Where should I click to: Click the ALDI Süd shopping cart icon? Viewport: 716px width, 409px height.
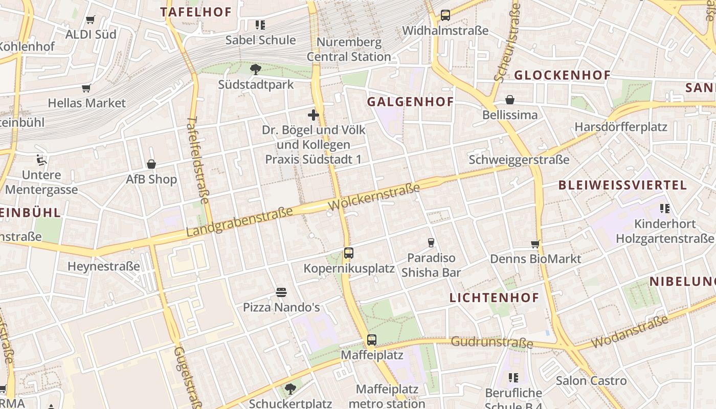click(91, 19)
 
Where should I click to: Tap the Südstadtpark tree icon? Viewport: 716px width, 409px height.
click(256, 69)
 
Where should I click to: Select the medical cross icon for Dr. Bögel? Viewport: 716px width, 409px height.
click(313, 115)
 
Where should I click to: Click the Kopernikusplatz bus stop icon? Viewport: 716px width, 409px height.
click(349, 253)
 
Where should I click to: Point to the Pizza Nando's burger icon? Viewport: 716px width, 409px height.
click(281, 292)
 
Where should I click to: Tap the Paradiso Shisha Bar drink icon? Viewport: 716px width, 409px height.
click(431, 242)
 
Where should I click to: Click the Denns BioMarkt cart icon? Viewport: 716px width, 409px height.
click(535, 244)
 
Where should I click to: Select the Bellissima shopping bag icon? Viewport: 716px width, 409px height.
click(510, 100)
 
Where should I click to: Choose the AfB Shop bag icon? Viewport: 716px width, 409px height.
click(151, 164)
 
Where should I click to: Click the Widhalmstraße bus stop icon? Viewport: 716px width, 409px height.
click(445, 15)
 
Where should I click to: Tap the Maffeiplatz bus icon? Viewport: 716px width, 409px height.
click(372, 339)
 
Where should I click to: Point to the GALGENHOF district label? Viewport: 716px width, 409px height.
click(411, 102)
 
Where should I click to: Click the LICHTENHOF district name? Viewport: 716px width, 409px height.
click(494, 298)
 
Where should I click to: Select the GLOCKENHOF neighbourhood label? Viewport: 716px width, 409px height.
click(562, 76)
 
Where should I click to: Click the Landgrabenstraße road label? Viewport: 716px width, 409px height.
click(239, 221)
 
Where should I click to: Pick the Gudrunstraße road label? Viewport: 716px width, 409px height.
click(491, 342)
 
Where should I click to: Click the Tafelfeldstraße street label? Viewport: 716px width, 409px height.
click(197, 163)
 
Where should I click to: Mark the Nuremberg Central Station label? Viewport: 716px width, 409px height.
click(349, 49)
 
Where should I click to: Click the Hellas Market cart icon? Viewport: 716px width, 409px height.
click(86, 88)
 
